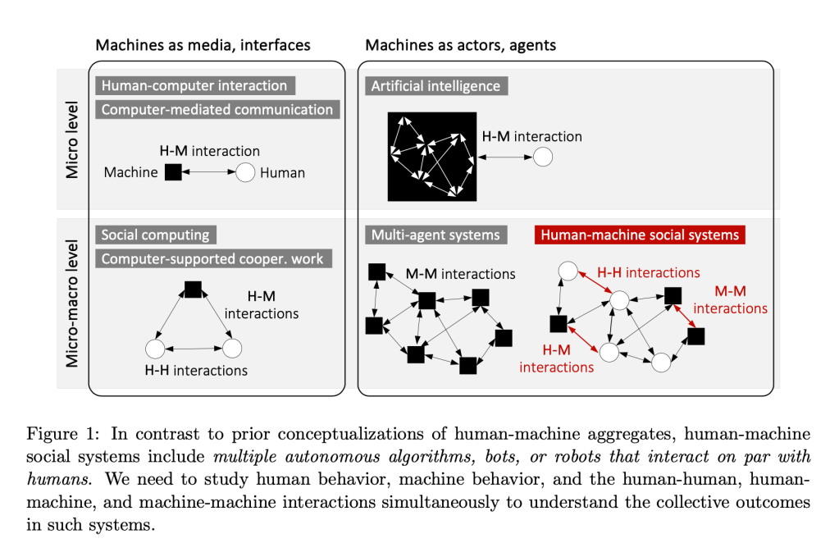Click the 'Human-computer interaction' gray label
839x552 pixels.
tap(194, 85)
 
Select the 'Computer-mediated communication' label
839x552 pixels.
tap(217, 109)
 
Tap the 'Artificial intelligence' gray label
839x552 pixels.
tap(435, 85)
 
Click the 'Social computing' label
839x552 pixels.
tap(155, 235)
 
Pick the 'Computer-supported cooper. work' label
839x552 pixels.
tap(212, 258)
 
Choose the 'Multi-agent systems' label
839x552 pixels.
tap(435, 235)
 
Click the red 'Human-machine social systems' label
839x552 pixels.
tap(639, 235)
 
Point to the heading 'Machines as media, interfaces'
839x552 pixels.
tap(203, 45)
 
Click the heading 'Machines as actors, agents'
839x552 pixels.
tap(461, 45)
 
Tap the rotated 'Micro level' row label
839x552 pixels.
tap(72, 141)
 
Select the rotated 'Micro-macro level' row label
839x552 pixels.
tap(72, 303)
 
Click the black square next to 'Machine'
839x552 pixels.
tap(173, 172)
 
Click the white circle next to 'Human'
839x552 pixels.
tap(245, 172)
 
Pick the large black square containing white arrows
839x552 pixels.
tap(431, 156)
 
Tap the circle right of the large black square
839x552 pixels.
tap(543, 156)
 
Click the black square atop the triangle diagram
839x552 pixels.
tap(193, 289)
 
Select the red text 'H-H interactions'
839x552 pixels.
tap(649, 272)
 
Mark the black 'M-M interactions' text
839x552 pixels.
tap(461, 273)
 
